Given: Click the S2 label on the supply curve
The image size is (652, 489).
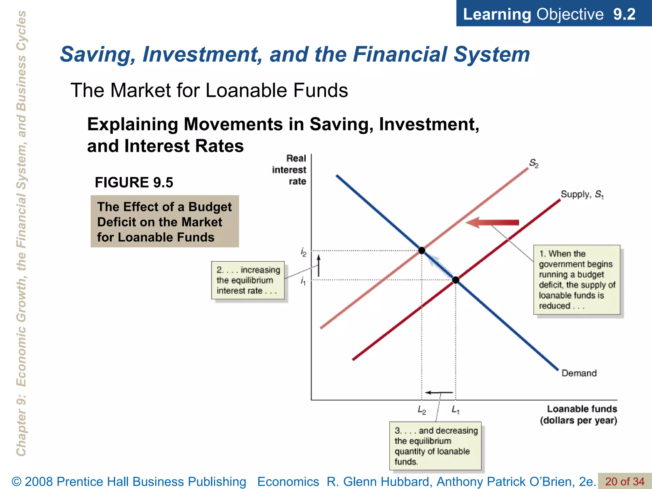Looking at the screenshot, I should coord(534,163).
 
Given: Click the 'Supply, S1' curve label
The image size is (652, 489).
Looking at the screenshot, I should coord(582,194).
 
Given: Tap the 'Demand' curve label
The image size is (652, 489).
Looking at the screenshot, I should coord(579,373).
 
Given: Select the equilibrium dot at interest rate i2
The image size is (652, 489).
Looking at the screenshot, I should coord(422,251).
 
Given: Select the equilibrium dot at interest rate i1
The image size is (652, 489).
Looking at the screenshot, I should coord(456,280).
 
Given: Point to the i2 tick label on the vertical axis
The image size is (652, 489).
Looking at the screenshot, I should coord(303,252).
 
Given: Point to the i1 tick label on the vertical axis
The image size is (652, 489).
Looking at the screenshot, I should coord(303,281).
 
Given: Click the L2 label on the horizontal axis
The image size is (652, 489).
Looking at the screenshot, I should coord(422,410).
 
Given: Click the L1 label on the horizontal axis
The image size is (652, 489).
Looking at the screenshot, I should coord(456,410).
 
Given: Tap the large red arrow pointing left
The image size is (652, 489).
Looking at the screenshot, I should coord(492,223).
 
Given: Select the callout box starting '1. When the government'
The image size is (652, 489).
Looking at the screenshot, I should coord(577,280).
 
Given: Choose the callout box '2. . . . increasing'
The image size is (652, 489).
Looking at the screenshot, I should coord(248,280).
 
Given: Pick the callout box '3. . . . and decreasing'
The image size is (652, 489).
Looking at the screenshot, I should coord(435,446).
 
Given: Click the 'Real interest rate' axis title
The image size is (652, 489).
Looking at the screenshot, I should coord(290,170).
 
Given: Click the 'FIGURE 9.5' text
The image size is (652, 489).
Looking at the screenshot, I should coord(134,182).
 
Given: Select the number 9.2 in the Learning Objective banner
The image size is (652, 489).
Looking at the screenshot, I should coord(624,14).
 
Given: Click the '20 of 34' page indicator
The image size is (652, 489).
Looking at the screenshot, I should coord(625,481).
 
